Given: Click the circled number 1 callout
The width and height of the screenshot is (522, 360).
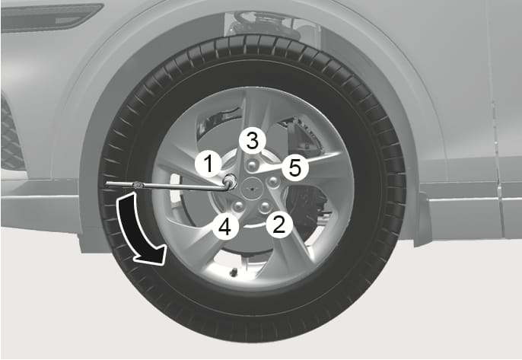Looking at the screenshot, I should point(207,162).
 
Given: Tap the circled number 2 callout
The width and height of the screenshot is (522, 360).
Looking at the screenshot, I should point(280,224).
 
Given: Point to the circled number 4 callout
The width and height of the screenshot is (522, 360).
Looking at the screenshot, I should point(224,226).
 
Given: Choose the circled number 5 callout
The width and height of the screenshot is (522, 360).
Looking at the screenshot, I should point(294,167).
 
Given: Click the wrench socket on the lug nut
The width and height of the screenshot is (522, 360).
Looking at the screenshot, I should point(228,181).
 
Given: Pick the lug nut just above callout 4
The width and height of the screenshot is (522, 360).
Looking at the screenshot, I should point(237,205).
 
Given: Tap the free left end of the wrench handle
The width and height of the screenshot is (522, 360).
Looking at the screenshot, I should point(109,183).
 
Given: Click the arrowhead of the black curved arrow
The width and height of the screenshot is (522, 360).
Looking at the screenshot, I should point(152,259).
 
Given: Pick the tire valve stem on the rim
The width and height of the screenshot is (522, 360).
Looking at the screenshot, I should point(233,272).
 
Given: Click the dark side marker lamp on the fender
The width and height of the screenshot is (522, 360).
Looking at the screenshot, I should point(49,17).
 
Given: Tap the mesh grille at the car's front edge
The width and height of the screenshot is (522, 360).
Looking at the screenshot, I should point(11,137).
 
